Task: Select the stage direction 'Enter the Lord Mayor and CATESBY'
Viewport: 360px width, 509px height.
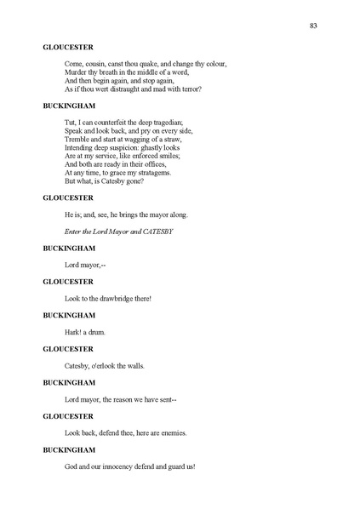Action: (x=118, y=232)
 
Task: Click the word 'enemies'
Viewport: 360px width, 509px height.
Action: (x=169, y=432)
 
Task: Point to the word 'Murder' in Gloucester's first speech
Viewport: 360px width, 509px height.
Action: (x=77, y=71)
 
